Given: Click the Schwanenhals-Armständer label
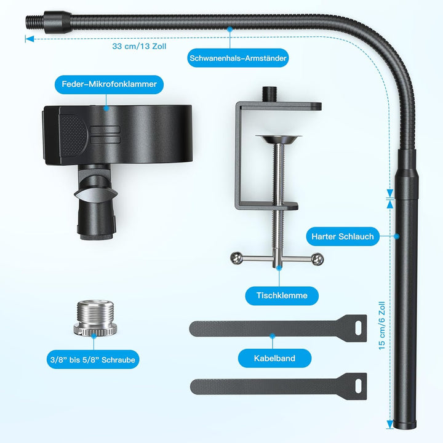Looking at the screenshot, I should tap(237, 59).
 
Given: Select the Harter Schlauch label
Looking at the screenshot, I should tap(343, 236).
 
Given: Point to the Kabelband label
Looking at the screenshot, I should tap(274, 357).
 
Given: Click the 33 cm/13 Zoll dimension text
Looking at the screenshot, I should tap(139, 46).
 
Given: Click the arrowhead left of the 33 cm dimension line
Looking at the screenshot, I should tap(29, 39).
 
